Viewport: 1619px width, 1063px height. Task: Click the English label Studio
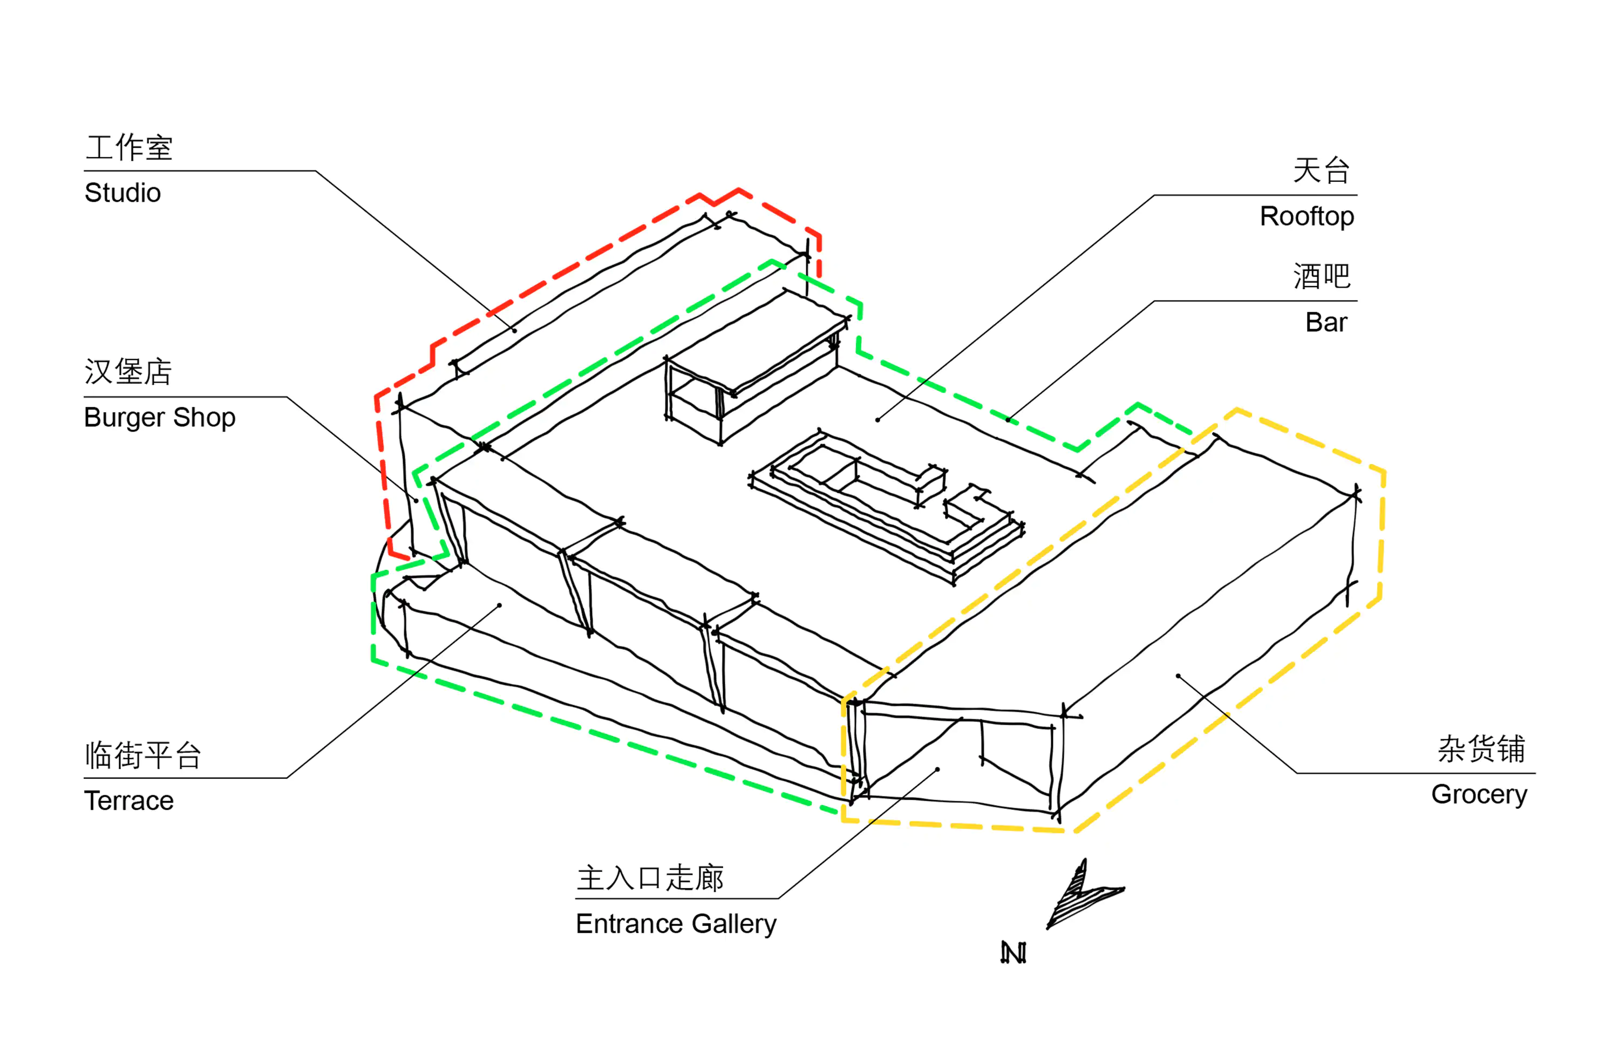click(123, 193)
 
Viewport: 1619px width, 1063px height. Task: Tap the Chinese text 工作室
click(129, 148)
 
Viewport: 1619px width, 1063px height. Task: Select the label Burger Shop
click(160, 418)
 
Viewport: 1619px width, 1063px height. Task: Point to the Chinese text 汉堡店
click(128, 372)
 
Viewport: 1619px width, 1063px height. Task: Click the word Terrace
click(128, 801)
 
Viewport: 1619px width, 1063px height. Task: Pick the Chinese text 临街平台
click(143, 755)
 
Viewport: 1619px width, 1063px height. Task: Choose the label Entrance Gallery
click(676, 924)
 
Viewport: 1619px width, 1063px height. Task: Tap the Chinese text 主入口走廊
click(650, 878)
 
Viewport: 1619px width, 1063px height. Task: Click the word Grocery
click(1480, 794)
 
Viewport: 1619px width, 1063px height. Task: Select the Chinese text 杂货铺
click(1481, 749)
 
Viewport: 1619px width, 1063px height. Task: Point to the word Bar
click(1326, 322)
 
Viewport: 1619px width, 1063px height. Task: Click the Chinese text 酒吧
click(1321, 277)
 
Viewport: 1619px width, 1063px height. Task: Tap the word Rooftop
click(1307, 216)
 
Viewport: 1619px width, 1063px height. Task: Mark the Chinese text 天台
click(1321, 171)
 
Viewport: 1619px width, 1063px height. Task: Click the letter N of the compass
click(1013, 953)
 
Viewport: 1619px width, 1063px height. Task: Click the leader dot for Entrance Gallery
click(937, 769)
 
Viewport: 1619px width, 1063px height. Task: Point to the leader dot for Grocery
click(1178, 676)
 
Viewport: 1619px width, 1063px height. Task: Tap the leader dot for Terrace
click(499, 605)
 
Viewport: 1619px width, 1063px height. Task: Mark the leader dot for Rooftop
click(877, 420)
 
